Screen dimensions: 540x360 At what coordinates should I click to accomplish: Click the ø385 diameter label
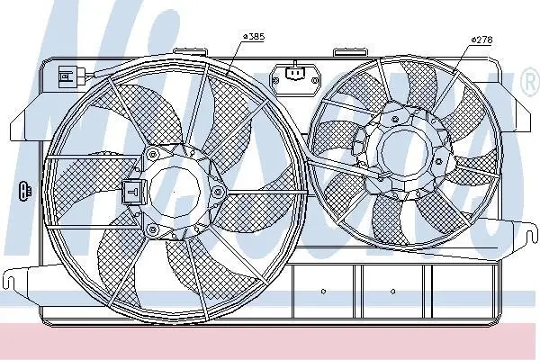[x=254, y=36]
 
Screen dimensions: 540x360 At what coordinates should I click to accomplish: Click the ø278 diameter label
[x=482, y=40]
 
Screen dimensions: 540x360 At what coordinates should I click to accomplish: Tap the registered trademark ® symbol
[x=531, y=82]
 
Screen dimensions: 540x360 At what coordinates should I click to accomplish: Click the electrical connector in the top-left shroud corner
[x=72, y=76]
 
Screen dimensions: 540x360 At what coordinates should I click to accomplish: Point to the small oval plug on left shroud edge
[x=25, y=190]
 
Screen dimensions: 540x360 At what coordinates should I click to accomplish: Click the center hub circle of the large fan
[x=175, y=192]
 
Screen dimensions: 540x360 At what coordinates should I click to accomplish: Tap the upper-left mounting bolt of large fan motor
[x=151, y=154]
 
